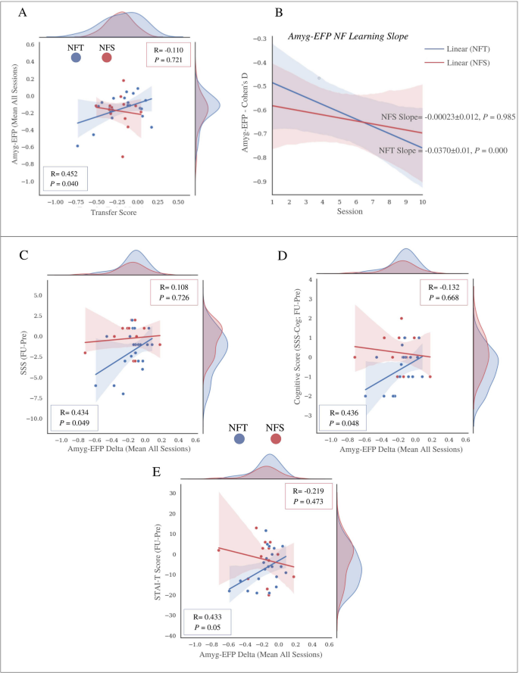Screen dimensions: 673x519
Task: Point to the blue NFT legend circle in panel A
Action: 76,59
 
